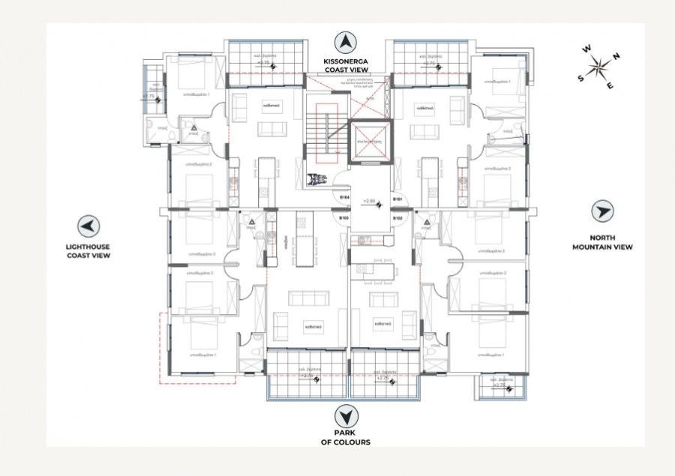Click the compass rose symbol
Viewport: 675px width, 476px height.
click(x=600, y=67)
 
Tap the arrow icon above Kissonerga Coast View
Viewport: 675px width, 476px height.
click(x=346, y=43)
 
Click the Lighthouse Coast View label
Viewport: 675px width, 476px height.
click(x=88, y=251)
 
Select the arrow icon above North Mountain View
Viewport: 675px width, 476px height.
click(x=602, y=211)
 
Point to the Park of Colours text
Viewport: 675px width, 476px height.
click(x=346, y=438)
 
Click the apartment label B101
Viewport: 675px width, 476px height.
click(x=397, y=199)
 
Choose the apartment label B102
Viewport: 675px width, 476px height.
click(x=397, y=218)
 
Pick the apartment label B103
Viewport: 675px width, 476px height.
click(x=343, y=218)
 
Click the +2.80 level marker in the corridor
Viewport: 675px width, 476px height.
click(x=369, y=202)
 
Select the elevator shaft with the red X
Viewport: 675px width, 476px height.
click(x=370, y=141)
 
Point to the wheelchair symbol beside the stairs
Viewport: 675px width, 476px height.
click(x=316, y=180)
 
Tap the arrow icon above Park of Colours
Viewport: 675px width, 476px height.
click(x=346, y=415)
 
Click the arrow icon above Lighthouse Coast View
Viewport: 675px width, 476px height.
click(x=88, y=226)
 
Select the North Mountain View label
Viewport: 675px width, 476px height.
click(x=602, y=242)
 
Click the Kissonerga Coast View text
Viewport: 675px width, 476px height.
click(x=346, y=65)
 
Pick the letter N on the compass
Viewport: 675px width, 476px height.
click(x=616, y=55)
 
